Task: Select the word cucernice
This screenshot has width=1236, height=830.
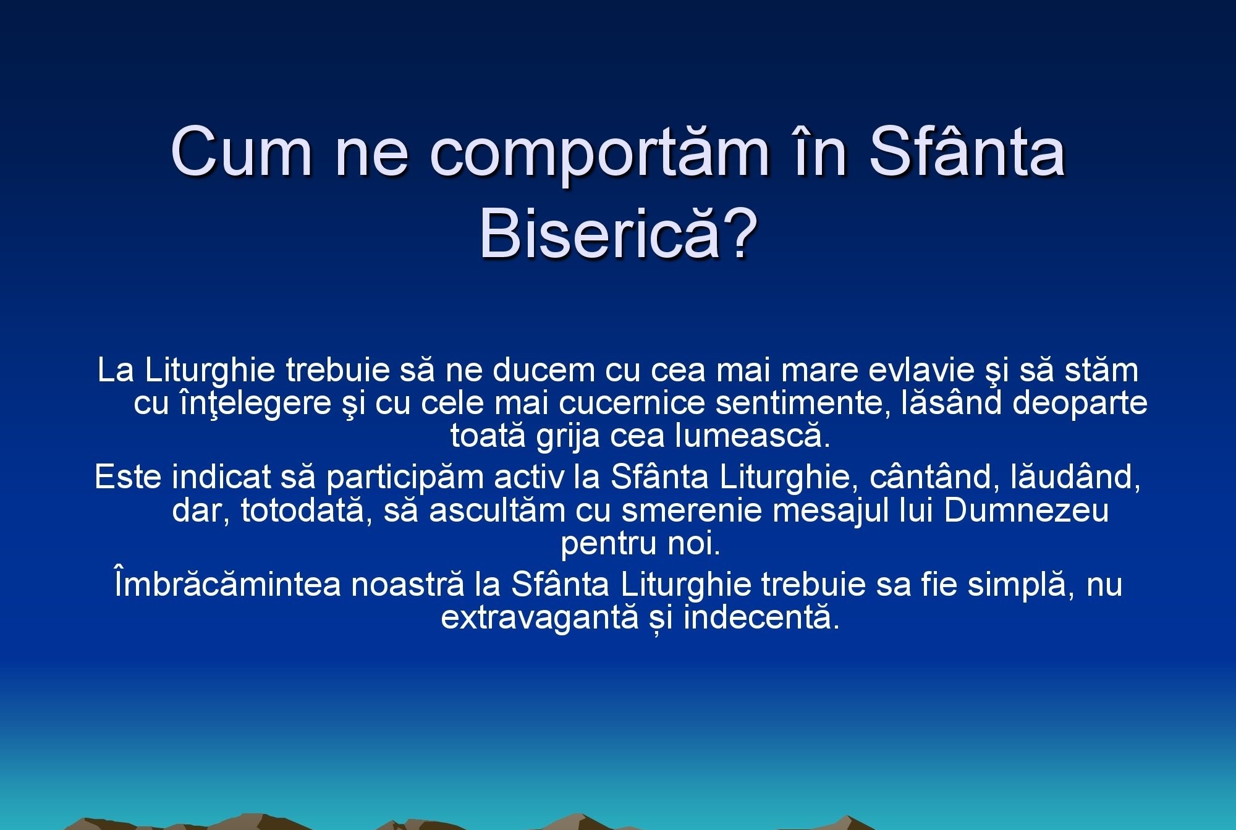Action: pos(632,403)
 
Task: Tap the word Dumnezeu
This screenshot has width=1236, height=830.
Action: pos(1026,510)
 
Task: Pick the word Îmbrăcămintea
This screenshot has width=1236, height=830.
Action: pos(227,584)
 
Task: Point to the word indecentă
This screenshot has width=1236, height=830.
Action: pos(762,616)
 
